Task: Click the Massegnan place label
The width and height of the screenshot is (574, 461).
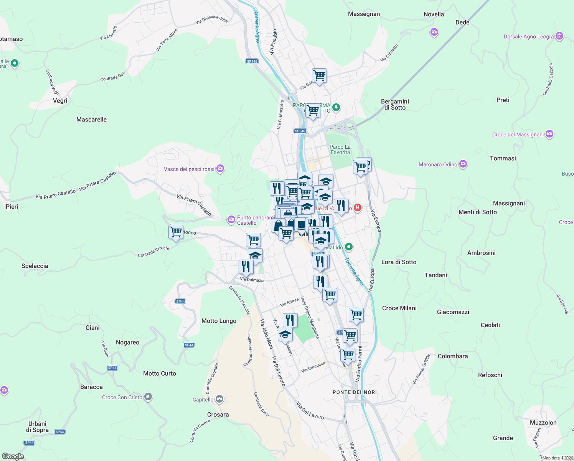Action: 364,14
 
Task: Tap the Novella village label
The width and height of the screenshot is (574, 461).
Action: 434,14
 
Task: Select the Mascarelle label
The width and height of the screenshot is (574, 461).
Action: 91,119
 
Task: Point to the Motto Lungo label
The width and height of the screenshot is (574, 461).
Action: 219,321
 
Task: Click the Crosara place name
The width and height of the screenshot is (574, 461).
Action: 218,415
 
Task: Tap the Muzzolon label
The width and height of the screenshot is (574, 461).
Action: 543,423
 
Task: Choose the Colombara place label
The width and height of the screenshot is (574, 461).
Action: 453,356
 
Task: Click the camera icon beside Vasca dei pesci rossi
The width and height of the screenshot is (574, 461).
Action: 220,169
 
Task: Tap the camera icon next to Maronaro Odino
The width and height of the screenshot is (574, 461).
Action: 463,164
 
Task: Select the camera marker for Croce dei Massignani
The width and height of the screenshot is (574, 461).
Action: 549,134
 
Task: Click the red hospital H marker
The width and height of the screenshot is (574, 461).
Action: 357,208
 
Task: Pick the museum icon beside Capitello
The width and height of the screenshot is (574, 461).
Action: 219,399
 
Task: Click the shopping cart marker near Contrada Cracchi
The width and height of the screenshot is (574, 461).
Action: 176,232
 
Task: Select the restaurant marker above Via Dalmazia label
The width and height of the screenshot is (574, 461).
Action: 246,266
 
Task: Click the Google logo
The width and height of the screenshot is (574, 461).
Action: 13,456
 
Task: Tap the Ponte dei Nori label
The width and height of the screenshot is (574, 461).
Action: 355,392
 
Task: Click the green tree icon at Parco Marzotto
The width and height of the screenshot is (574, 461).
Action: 336,107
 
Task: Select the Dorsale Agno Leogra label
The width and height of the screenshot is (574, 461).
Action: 528,37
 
